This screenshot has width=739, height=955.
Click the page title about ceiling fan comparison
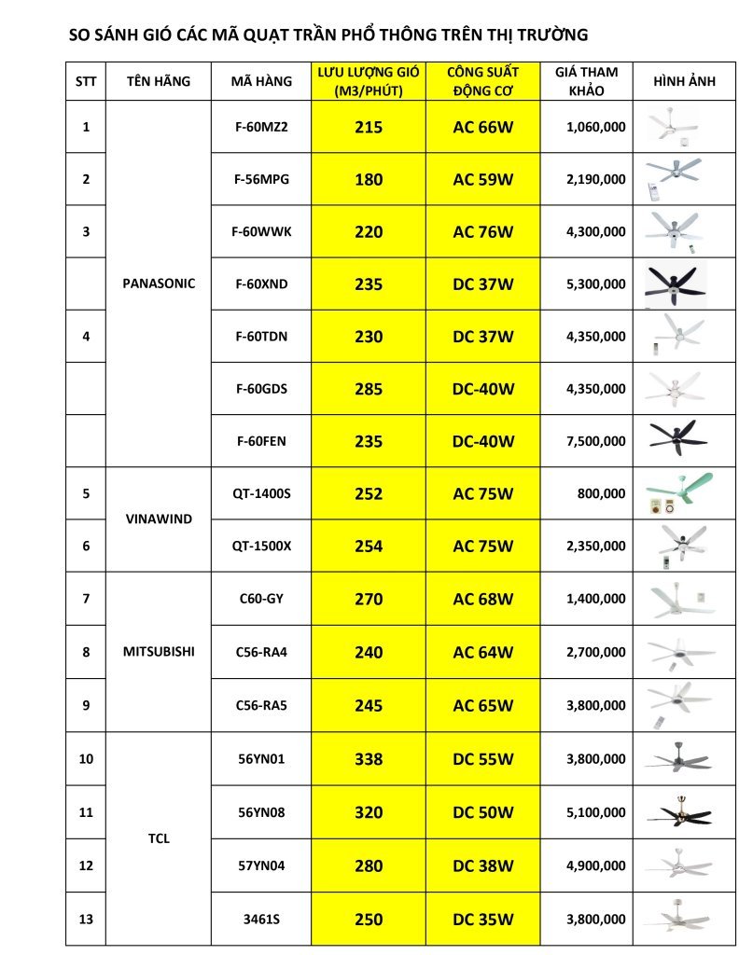tap(328, 36)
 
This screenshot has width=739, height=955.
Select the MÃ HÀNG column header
tap(261, 81)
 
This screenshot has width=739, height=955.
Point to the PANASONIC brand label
tap(159, 284)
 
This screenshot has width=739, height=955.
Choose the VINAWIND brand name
tap(159, 519)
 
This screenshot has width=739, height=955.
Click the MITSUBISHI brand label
tap(159, 652)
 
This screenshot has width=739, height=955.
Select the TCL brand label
tap(159, 838)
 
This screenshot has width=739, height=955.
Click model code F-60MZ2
tap(261, 127)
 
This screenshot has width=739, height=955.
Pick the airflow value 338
tap(369, 759)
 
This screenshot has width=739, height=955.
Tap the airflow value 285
tap(369, 389)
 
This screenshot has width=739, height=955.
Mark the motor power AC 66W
tap(483, 127)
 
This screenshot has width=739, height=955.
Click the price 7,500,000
tap(595, 441)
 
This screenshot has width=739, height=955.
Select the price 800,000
tap(601, 493)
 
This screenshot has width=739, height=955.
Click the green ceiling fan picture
tap(678, 493)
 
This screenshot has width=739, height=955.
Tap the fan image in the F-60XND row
tap(678, 284)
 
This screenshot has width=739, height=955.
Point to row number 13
tap(86, 919)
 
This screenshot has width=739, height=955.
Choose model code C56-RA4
tap(261, 652)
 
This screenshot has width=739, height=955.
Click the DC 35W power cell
tap(483, 919)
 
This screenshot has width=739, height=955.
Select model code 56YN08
tap(261, 812)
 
